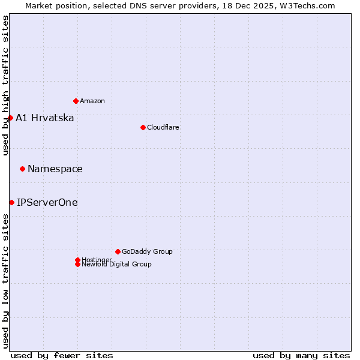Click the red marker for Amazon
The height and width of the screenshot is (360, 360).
(x=76, y=101)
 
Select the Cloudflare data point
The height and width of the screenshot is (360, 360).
(x=143, y=127)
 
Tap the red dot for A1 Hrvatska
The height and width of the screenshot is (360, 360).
(x=10, y=118)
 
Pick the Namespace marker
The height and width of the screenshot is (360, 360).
(x=22, y=169)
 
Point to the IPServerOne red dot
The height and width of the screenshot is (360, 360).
(x=11, y=202)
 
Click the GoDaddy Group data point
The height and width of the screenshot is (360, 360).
(x=118, y=251)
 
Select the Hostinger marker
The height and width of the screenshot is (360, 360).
(x=77, y=260)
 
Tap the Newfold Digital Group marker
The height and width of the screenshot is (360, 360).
(x=77, y=265)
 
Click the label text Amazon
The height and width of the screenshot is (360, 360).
(x=92, y=101)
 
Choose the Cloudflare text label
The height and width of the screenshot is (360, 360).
(x=163, y=127)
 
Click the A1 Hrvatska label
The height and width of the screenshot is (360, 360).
(x=45, y=118)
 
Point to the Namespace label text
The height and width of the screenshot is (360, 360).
(x=55, y=169)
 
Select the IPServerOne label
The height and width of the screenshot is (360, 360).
(x=47, y=202)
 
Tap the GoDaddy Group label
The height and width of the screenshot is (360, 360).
(x=147, y=251)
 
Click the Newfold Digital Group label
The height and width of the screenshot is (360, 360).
(x=117, y=265)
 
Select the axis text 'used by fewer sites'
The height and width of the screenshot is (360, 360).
(x=62, y=355)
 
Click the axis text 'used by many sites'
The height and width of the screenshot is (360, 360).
(x=301, y=355)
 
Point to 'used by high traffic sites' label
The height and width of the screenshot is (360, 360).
(x=5, y=85)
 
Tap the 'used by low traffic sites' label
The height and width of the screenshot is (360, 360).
(x=5, y=281)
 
